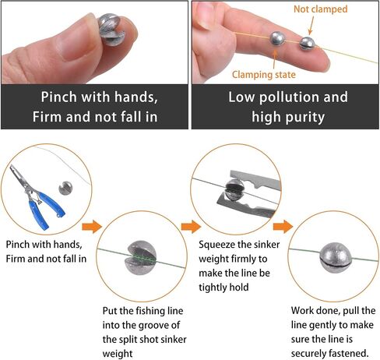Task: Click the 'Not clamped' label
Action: [x=320, y=9]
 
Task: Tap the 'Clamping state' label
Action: [x=264, y=75]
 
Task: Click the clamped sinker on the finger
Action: [x=277, y=38]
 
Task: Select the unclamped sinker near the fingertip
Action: [x=308, y=43]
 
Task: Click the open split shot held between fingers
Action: [x=111, y=30]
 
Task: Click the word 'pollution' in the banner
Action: [x=289, y=97]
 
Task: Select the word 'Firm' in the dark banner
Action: [x=47, y=117]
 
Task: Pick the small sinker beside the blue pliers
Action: [x=65, y=188]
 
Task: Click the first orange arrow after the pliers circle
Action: [x=92, y=227]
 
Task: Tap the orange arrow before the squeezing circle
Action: [x=191, y=227]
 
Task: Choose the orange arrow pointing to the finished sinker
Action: [x=283, y=227]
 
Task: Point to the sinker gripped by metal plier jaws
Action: [x=235, y=189]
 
